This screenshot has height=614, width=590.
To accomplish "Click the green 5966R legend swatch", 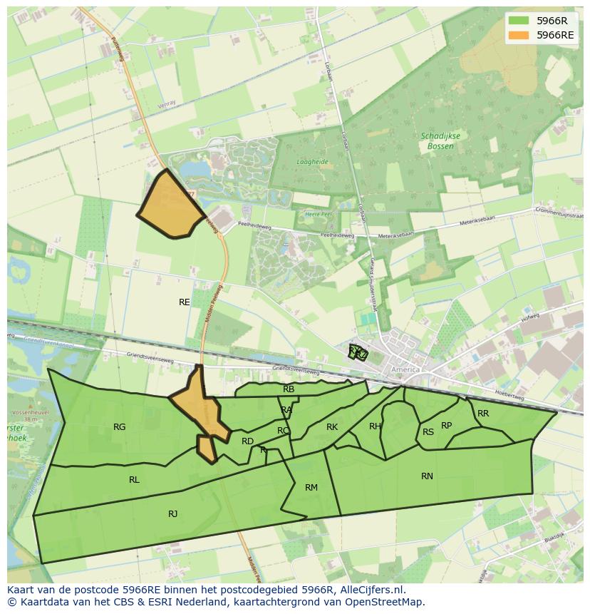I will [518, 21].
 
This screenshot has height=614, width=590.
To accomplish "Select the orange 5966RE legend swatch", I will [518, 35].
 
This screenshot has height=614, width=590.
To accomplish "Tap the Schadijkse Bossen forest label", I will [440, 141].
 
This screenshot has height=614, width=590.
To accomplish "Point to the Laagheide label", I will [312, 162].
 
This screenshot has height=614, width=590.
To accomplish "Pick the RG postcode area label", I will [119, 427].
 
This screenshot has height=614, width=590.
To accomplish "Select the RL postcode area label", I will [134, 480].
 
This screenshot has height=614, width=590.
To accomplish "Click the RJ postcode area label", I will [172, 514].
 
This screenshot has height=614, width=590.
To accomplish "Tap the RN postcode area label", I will [427, 476].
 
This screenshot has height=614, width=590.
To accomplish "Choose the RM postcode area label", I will [311, 488].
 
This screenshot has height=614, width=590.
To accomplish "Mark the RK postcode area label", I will [332, 427].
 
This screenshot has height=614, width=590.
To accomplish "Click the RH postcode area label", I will [375, 426].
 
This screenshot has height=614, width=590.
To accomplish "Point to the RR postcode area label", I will [483, 414].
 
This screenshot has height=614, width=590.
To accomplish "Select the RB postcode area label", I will [289, 389].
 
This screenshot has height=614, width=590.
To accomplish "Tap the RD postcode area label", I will [247, 441].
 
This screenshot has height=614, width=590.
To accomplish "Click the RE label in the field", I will [185, 302].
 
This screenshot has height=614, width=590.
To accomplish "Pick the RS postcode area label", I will [428, 432].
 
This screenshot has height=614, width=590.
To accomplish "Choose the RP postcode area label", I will [446, 426].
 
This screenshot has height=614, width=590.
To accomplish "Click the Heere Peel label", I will [318, 214].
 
